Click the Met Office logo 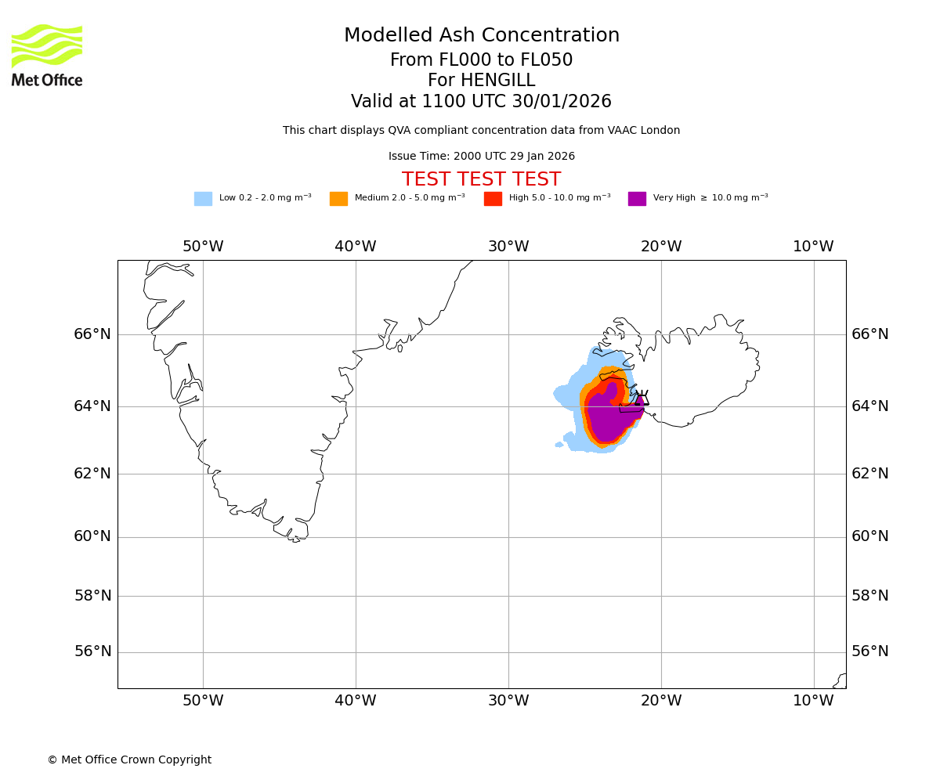[x=47, y=55]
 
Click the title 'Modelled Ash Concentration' [x=481, y=36]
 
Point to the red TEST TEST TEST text [x=481, y=179]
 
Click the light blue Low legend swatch [x=203, y=199]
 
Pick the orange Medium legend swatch [x=338, y=199]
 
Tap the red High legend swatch [x=493, y=199]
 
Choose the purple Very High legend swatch [x=637, y=199]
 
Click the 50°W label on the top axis [x=203, y=247]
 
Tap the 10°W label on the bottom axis [x=813, y=701]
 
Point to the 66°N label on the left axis [x=92, y=334]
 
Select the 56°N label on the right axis [x=870, y=651]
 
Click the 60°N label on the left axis [x=92, y=536]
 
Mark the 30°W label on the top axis [x=508, y=247]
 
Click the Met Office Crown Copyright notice [x=129, y=760]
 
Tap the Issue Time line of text [x=481, y=157]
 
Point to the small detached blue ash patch [x=559, y=445]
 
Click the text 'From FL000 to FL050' [x=481, y=60]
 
